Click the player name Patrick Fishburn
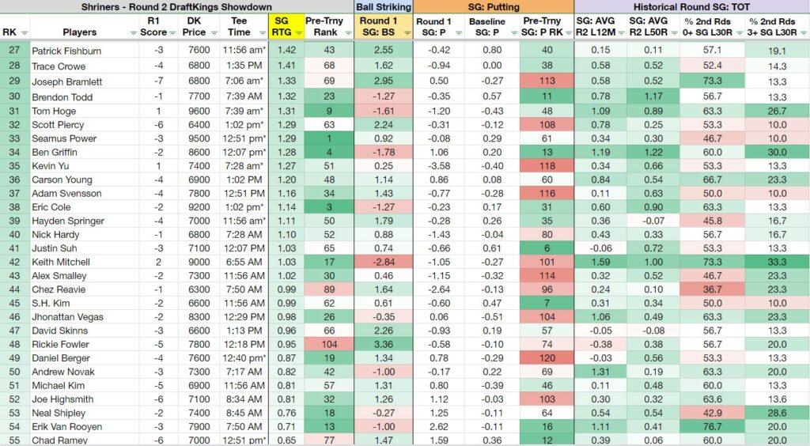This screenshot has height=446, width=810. coord(66,51)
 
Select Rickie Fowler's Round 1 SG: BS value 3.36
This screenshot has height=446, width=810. coord(384,344)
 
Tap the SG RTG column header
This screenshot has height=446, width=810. coord(282,26)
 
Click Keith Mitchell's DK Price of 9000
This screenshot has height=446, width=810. coord(199,263)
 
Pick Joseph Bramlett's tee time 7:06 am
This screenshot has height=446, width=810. coord(244,81)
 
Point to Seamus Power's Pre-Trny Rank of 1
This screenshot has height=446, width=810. coord(329,138)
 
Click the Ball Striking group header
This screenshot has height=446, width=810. coord(384,6)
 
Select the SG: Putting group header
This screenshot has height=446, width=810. coord(494,6)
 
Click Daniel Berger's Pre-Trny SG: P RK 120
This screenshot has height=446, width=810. coord(547,358)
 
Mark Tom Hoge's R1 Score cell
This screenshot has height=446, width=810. coord(158,111)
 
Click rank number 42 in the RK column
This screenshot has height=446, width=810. coord(14,263)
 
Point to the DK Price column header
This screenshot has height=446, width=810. coord(194,26)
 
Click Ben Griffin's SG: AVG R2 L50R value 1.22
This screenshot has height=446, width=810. coord(653,153)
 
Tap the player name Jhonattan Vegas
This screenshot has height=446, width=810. coord(68,317)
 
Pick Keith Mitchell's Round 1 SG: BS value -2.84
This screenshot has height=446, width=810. coord(384,263)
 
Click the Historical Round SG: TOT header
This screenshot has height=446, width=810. coord(691,6)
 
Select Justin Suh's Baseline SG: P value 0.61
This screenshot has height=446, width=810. coord(492,248)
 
